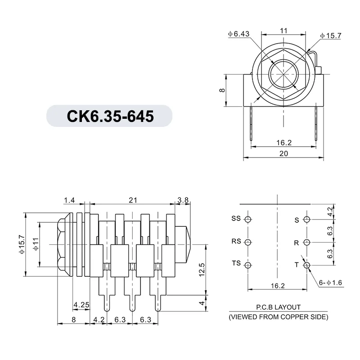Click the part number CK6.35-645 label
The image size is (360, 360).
(x=110, y=116)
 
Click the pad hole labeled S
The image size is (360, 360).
(x=307, y=220)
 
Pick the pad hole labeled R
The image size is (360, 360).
(x=307, y=243)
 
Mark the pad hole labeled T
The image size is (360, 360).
(x=307, y=265)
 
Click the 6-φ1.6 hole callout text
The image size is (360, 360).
(x=331, y=283)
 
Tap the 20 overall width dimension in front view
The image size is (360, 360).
(x=283, y=153)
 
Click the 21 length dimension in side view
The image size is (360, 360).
(x=133, y=200)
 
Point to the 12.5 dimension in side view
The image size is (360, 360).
(x=202, y=269)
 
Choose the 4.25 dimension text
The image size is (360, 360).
(x=81, y=305)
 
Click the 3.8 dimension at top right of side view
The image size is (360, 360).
(x=183, y=200)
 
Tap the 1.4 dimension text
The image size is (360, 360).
(x=69, y=200)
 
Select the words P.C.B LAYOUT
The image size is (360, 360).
(x=278, y=307)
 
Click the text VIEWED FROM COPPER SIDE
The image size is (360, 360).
(x=279, y=316)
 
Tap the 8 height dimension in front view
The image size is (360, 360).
(x=221, y=90)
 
